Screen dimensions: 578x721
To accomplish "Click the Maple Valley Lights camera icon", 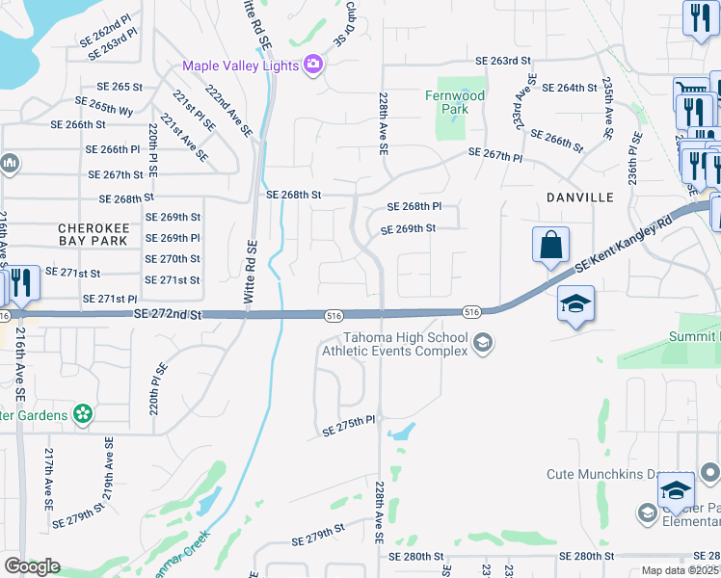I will click(312, 66).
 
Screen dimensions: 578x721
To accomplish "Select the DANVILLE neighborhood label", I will click(580, 197).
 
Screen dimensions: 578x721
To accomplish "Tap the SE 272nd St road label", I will click(169, 314).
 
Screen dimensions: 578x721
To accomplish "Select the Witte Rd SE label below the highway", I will click(249, 275).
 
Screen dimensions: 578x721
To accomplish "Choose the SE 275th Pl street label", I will click(347, 425).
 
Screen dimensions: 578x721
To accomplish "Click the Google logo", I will click(31, 566).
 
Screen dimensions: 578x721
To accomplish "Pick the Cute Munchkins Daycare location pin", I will click(709, 473).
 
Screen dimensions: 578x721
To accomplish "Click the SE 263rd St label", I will click(504, 61).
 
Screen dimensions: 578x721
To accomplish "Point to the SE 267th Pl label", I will click(494, 155).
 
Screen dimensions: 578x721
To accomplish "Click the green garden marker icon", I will click(84, 415).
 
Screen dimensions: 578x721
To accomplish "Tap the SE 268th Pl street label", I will click(414, 206).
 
